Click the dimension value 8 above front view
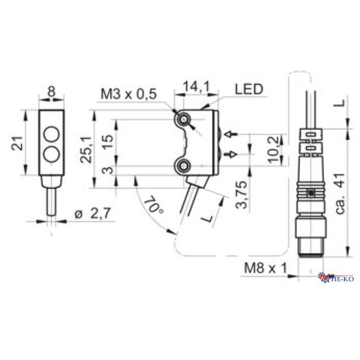point(52,92)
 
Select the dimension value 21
point(16,143)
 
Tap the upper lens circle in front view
point(52,132)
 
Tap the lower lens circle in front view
point(52,154)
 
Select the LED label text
point(249,89)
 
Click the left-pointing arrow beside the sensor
point(230,133)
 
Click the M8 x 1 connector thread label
point(263,268)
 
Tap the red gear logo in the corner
point(323,276)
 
